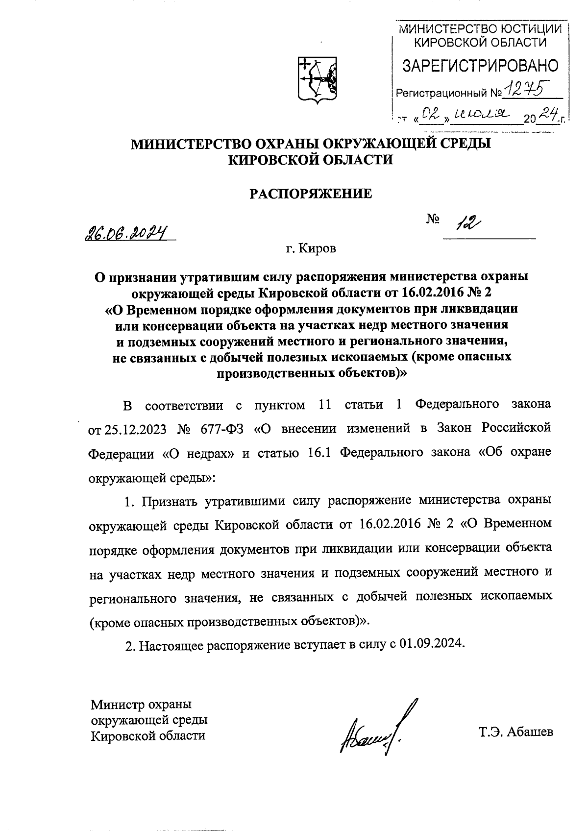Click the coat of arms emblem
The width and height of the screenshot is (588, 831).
(317, 80)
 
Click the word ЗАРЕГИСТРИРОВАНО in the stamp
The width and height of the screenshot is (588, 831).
(480, 66)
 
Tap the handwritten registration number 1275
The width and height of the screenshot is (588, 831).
(528, 89)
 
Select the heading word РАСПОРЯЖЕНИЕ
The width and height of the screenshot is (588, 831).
(311, 194)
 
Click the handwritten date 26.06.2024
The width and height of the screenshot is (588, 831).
(126, 233)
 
